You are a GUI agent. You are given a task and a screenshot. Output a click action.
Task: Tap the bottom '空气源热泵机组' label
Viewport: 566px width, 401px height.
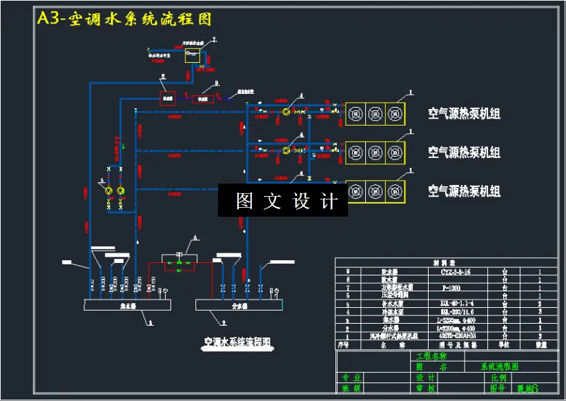pos(464,191)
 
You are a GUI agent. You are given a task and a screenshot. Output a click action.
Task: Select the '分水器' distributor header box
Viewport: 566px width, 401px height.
pos(239,304)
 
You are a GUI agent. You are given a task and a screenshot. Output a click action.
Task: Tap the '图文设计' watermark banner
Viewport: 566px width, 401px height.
pos(283,201)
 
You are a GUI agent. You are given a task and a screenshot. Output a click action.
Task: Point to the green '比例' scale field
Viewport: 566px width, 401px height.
pos(499,378)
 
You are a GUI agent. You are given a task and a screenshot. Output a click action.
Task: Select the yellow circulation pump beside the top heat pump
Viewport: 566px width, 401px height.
pos(285,111)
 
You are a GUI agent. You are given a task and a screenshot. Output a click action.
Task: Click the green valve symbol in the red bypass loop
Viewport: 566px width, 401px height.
pos(179,263)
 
